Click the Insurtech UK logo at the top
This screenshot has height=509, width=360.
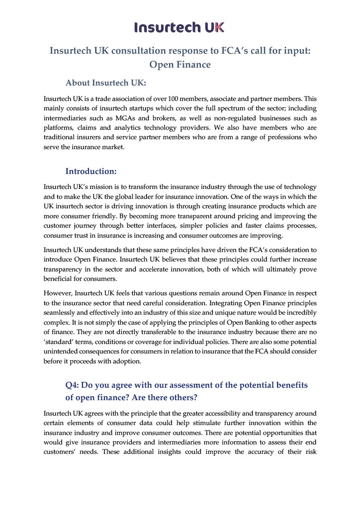(x=180, y=27)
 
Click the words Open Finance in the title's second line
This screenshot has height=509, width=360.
(x=180, y=65)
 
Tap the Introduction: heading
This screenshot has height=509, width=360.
(x=91, y=171)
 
